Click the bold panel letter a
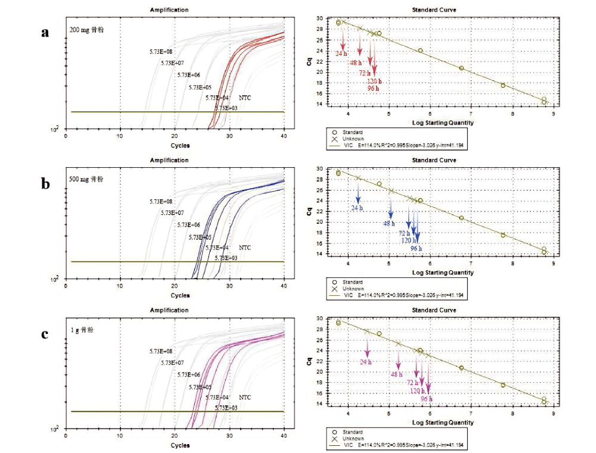44,33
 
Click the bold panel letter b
45,183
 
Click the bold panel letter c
44,333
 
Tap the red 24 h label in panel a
342,54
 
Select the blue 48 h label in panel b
389,223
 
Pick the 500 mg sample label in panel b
87,179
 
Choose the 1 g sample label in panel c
82,329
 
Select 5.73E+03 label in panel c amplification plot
226,408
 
